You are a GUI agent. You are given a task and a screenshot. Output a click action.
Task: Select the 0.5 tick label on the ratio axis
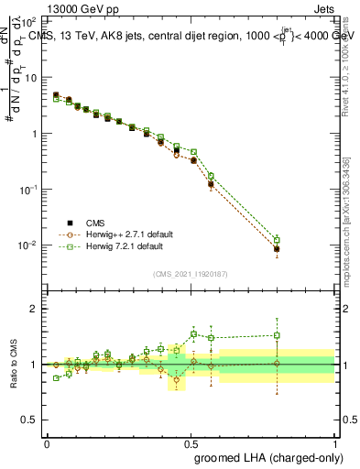point(31,420)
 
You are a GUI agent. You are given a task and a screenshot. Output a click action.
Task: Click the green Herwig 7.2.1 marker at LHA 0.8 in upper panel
point(277,240)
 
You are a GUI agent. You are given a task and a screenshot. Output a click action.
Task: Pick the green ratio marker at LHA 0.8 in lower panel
point(277,335)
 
